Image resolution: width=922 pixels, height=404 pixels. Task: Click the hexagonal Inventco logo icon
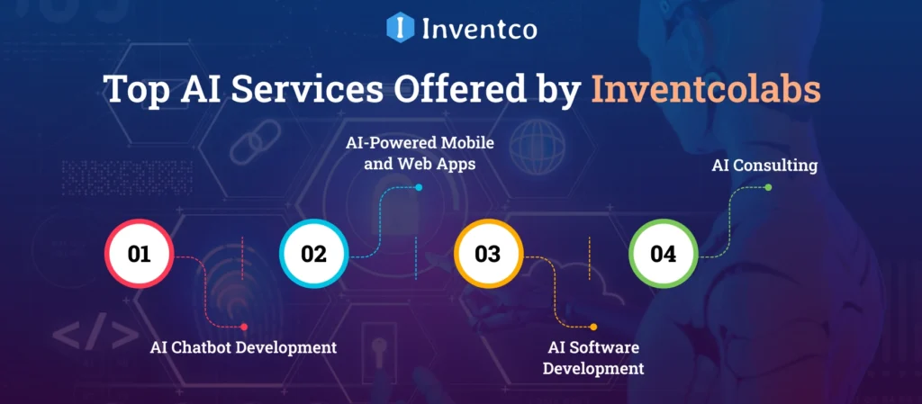[x=399, y=27]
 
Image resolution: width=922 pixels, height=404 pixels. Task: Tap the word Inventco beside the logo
[x=479, y=29]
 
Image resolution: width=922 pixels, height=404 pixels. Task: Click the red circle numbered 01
[x=139, y=254]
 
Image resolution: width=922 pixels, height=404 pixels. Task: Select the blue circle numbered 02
[x=313, y=254]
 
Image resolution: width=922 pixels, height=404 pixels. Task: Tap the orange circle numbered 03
[x=487, y=254]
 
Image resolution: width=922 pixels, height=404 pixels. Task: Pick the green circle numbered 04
[x=662, y=254]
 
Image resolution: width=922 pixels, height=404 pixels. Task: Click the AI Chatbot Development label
[x=243, y=347]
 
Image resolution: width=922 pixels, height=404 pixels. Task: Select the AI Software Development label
[x=596, y=357]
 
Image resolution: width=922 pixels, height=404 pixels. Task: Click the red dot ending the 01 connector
[x=244, y=327]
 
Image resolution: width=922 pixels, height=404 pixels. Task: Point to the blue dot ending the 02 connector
[x=419, y=188]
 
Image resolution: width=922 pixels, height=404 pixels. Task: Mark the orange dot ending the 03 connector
[x=592, y=327]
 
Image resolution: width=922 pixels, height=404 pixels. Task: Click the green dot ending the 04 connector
[x=768, y=188]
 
